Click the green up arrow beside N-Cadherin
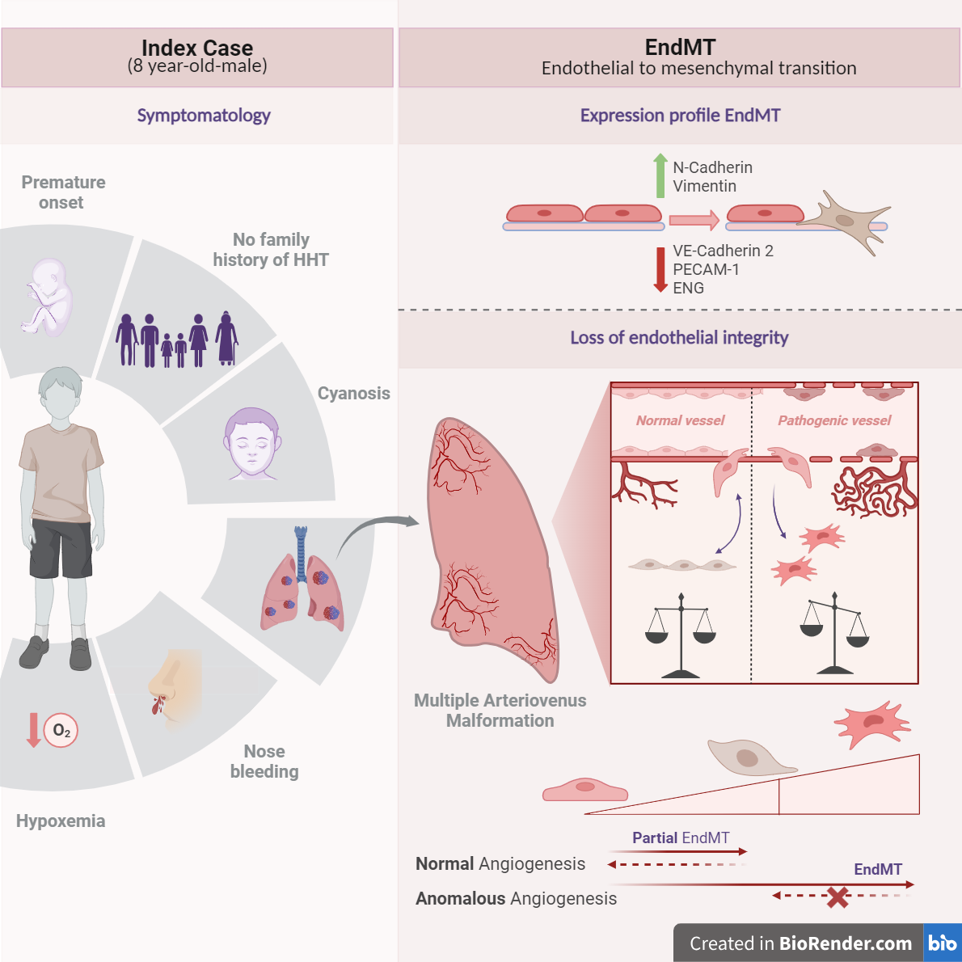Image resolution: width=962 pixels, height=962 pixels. tap(660, 175)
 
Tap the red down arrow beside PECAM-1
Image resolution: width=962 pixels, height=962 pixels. tap(660, 269)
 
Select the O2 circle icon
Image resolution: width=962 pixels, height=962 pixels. tap(61, 731)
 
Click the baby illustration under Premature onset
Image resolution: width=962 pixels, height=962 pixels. tap(47, 297)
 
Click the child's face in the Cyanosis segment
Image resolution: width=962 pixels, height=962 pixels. tap(252, 444)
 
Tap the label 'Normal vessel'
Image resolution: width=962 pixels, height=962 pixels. tap(680, 420)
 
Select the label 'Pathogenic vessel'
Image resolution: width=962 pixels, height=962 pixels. tap(834, 420)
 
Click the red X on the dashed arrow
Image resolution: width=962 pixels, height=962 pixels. tap(838, 897)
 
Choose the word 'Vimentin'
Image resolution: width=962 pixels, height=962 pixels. tap(704, 186)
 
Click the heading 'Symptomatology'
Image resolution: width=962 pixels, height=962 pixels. tap(204, 116)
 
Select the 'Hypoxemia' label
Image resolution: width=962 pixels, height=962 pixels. tap(61, 821)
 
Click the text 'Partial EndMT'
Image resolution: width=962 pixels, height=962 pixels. tap(681, 838)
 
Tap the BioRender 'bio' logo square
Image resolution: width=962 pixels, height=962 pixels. tap(942, 943)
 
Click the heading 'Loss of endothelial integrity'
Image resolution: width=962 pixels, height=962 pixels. tap(679, 338)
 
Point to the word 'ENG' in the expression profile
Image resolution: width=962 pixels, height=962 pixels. tap(688, 288)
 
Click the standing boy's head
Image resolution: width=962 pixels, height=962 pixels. tap(61, 392)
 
